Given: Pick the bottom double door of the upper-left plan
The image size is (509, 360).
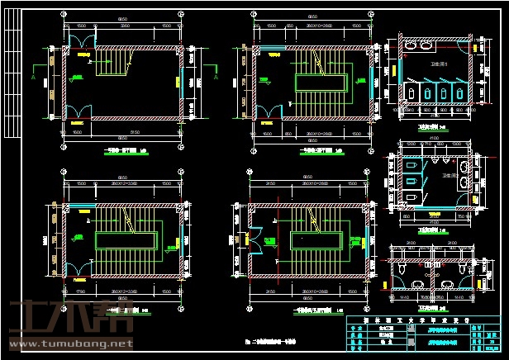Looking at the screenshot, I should coord(77,111).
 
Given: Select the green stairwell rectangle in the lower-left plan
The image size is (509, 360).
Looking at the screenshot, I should coord(126,240).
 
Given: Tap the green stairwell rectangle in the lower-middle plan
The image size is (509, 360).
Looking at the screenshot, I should coord(317,239).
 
